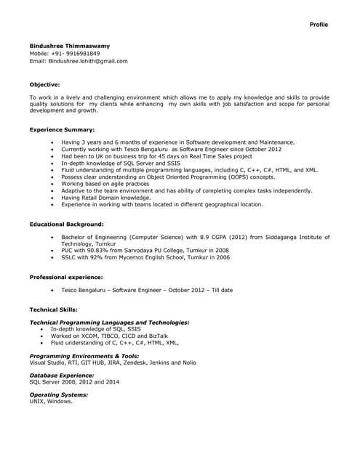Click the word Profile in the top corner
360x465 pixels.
pos(319,25)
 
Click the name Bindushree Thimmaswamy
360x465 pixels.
pos(70,46)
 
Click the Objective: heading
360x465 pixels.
pos(44,84)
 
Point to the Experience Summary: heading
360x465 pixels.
pos(62,129)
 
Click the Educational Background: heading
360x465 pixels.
pos(66,225)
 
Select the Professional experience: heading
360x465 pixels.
pos(65,278)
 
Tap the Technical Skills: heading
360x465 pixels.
pos(53,310)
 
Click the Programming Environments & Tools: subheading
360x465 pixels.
pos(84,356)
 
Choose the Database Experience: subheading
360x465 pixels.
pos(62,375)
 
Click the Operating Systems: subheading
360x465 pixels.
pos(58,395)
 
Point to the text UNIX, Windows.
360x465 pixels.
pos(51,401)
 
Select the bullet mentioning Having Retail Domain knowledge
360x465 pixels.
pos(105,198)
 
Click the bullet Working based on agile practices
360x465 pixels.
pos(105,184)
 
